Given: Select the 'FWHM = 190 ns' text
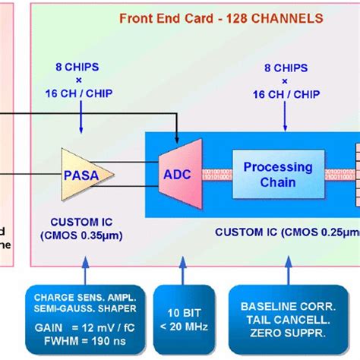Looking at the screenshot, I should click(x=79, y=343).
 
